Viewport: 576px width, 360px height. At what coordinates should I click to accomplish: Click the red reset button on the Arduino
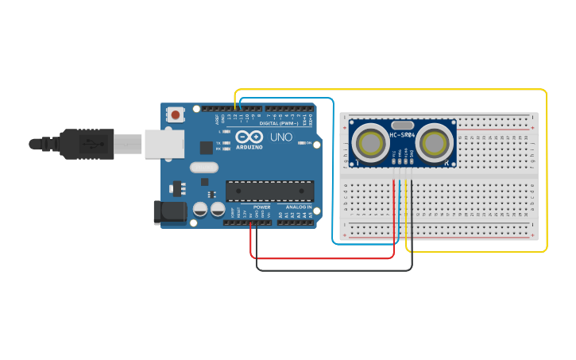point(175,115)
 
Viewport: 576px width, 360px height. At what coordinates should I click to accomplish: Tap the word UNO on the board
point(281,137)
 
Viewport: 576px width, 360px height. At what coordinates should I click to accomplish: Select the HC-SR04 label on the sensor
point(402,134)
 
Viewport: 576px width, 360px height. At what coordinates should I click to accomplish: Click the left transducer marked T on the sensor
point(369,143)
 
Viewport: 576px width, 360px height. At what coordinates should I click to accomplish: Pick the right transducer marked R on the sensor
point(435,143)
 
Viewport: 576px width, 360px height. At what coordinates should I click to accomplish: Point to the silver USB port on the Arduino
point(163,144)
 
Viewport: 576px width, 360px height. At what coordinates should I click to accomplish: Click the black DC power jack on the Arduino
point(168,211)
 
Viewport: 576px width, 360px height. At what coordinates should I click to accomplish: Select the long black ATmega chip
point(269,191)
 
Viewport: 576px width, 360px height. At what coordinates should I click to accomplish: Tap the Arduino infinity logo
point(249,137)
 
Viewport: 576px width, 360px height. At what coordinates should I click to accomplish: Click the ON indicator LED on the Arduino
point(303,143)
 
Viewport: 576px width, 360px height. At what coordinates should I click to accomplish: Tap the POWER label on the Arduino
point(261,207)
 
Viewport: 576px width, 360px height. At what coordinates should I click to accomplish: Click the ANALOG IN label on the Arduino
point(298,207)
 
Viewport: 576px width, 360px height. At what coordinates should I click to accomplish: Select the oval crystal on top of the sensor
point(403,125)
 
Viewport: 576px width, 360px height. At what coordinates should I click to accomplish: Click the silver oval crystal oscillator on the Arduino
point(203,167)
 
